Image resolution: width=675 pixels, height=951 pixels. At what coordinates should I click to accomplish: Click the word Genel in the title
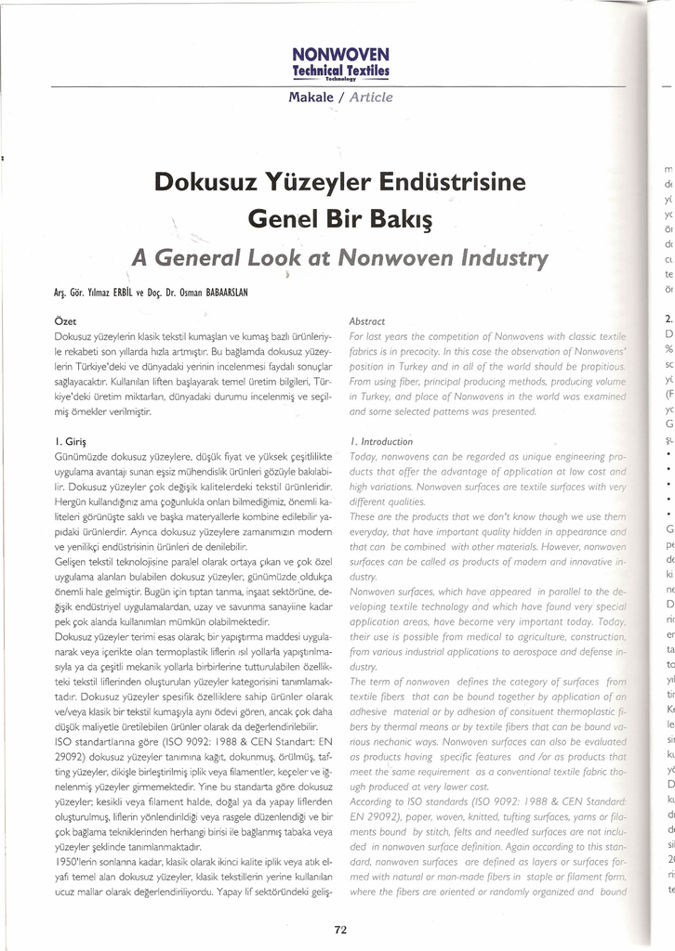click(x=285, y=220)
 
